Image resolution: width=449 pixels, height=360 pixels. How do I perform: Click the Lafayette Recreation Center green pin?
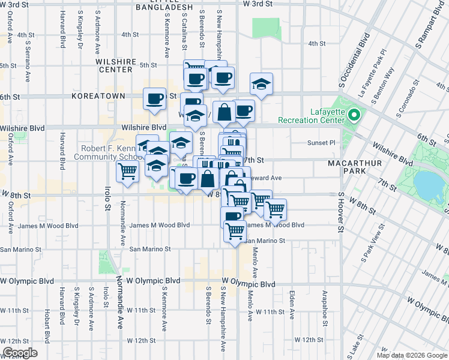tap(354, 114)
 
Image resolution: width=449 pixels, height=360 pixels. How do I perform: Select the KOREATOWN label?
tap(98, 96)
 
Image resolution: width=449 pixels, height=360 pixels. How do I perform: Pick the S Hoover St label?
tap(340, 212)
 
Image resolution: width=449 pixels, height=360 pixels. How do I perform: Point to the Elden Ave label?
tap(292, 305)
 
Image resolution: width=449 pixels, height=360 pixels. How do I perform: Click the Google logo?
tap(20, 353)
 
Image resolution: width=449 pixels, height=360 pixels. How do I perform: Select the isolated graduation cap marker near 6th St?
tap(261, 85)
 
